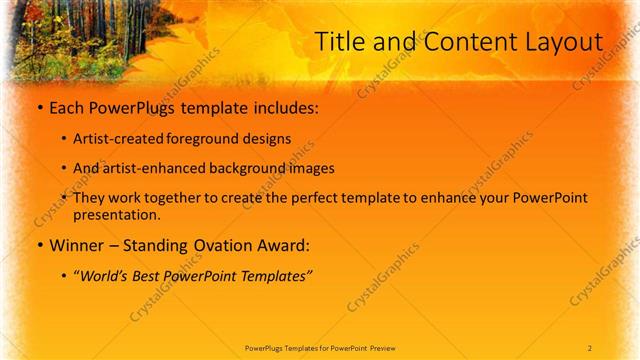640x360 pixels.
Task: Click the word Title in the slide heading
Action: pyautogui.click(x=340, y=42)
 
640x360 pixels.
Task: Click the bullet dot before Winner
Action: pyautogui.click(x=38, y=244)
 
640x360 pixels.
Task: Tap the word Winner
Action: pyautogui.click(x=76, y=244)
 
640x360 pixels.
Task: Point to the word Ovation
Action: pyautogui.click(x=215, y=244)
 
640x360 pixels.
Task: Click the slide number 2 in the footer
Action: pyautogui.click(x=590, y=347)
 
